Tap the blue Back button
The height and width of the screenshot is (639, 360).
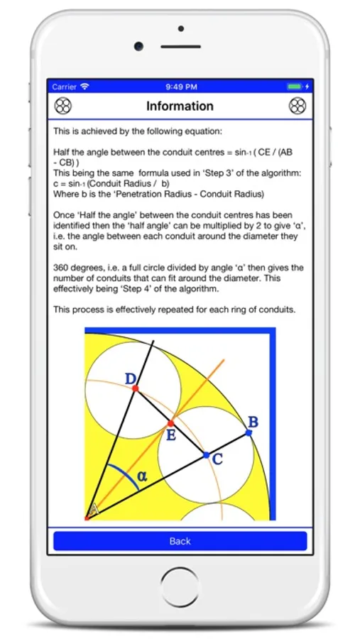point(180,541)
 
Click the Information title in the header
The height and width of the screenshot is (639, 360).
point(180,106)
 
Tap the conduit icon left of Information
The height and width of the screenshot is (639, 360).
point(62,106)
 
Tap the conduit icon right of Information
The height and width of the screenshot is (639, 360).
point(298,106)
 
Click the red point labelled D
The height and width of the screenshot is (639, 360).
point(136,388)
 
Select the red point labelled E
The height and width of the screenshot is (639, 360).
point(171,423)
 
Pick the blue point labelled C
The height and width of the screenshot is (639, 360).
point(207,455)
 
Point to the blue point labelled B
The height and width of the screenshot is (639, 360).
point(249,433)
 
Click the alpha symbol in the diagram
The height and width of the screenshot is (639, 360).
point(142,475)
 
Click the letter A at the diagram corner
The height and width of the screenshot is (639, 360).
point(93,508)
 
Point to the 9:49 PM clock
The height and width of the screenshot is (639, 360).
point(182,87)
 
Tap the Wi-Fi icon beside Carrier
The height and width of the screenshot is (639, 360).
point(84,87)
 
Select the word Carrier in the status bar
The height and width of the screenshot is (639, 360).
point(65,87)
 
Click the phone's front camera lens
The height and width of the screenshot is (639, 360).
point(138,46)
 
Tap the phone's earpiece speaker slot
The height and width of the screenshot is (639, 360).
point(180,47)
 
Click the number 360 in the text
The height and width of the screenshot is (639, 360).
point(60,268)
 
